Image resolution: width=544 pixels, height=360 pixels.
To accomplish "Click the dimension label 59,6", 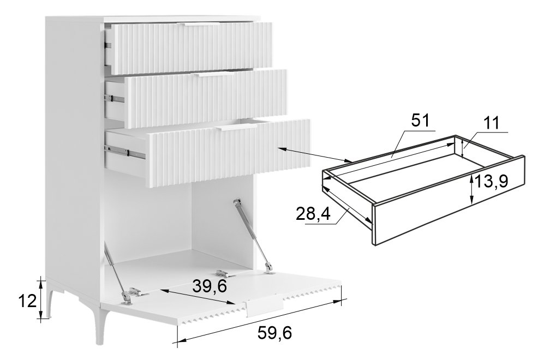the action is click(x=274, y=333).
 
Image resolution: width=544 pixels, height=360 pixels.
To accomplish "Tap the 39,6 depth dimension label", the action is click(x=210, y=286).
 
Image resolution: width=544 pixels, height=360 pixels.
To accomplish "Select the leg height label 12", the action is click(x=27, y=301).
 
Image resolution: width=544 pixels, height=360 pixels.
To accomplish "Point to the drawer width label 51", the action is click(x=420, y=121).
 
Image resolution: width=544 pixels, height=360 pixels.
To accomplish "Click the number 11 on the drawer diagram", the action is click(x=491, y=123).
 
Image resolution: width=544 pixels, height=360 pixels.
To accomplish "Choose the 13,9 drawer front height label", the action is click(x=491, y=181).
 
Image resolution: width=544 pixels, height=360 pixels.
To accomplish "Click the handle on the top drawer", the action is click(x=202, y=25).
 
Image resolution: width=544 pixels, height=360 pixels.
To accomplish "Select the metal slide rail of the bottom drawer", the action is click(x=125, y=152).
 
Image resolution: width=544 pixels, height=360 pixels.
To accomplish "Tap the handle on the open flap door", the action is click(x=265, y=305).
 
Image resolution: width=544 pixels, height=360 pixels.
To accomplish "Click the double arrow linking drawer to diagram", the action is click(x=315, y=155).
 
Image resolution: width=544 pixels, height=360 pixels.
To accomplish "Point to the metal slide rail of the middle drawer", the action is click(x=114, y=99).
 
